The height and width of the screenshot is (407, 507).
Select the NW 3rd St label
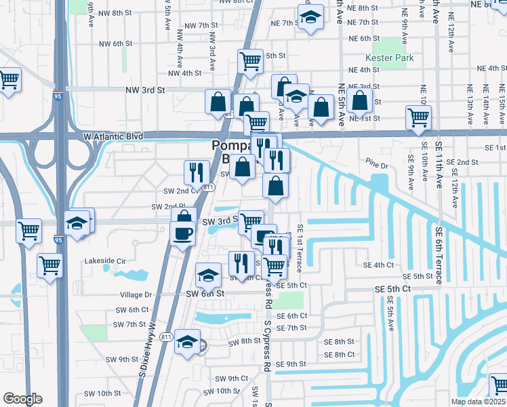click(145, 90)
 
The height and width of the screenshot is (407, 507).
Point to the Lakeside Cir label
click(105, 260)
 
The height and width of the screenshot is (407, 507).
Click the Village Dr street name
click(136, 295)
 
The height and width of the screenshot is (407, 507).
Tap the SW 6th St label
click(195, 293)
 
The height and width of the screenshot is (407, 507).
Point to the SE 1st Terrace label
click(298, 252)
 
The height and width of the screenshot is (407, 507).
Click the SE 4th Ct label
click(378, 265)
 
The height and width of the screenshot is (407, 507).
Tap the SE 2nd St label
click(458, 163)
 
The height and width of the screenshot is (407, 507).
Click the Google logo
click(22, 398)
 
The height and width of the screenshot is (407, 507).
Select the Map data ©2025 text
click(478, 402)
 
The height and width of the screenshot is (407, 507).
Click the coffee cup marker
click(183, 235)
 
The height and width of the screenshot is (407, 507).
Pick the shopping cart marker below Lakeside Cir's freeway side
click(50, 265)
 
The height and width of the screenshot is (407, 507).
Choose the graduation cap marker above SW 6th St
click(208, 275)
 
